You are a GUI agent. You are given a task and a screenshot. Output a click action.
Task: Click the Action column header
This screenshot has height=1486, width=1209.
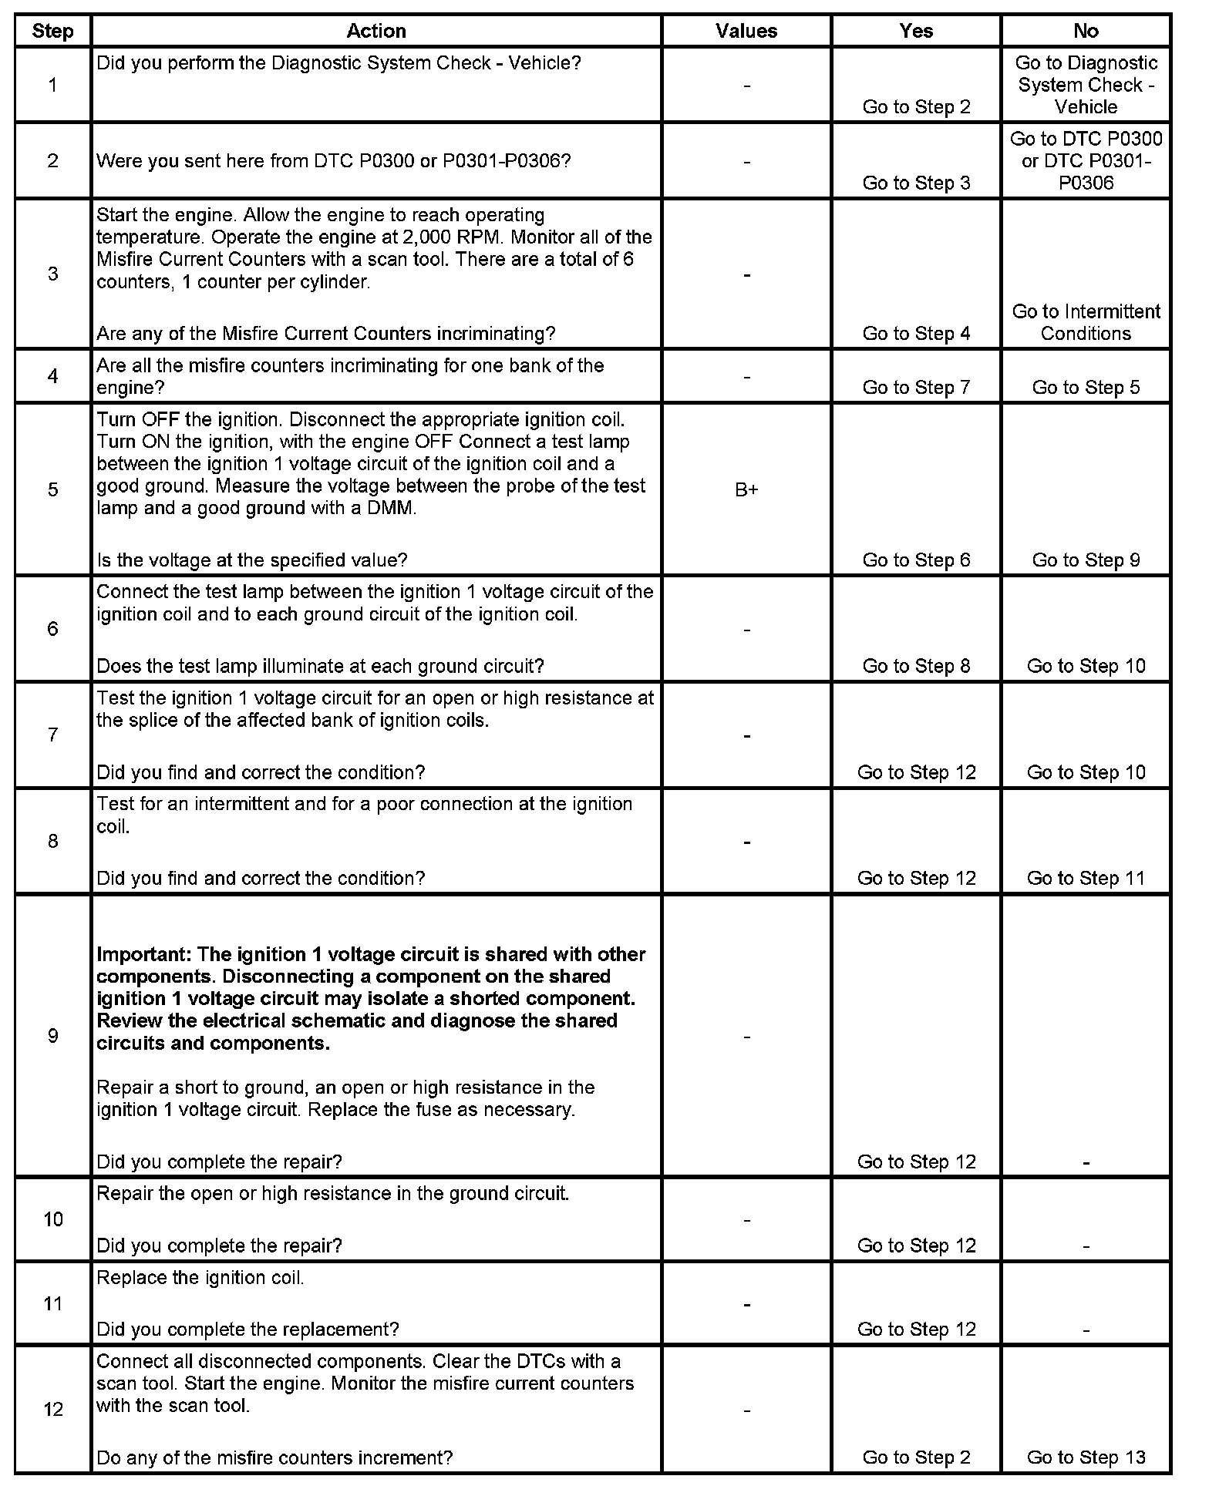(376, 31)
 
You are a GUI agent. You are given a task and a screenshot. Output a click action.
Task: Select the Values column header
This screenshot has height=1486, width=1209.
(746, 31)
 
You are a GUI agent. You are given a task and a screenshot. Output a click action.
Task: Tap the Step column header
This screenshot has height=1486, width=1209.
(52, 32)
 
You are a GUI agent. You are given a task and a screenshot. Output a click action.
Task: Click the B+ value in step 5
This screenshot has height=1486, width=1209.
(746, 490)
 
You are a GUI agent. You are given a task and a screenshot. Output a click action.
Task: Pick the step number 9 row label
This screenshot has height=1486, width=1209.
(52, 1035)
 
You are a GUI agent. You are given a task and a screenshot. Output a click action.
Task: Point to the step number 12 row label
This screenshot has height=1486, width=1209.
(52, 1409)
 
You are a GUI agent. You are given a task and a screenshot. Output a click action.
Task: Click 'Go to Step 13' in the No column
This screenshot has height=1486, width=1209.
(1086, 1457)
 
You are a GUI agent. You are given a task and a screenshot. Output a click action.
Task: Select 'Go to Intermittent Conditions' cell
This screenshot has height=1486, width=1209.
(1086, 322)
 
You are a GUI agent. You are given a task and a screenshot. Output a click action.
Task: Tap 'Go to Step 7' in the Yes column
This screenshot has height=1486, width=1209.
(916, 388)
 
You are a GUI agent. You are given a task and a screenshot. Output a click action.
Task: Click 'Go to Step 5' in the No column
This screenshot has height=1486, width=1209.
(1086, 388)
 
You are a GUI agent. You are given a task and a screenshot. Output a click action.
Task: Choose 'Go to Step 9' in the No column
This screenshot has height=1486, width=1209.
(1086, 560)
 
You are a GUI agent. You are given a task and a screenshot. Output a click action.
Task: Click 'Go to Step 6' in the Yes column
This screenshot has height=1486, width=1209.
(916, 560)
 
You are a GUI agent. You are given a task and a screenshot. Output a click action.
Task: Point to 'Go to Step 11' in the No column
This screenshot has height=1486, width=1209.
(1086, 878)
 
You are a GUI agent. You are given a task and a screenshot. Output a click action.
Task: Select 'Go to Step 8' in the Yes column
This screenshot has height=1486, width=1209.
(916, 666)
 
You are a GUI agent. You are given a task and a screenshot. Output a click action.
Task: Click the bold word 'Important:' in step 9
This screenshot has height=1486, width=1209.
(144, 954)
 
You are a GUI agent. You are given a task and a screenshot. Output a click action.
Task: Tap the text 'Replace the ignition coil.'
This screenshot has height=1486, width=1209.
(200, 1277)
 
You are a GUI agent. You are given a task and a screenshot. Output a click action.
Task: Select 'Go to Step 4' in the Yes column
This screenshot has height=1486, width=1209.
(916, 334)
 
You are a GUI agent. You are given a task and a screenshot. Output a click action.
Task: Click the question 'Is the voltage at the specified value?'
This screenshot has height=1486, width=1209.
(252, 560)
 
